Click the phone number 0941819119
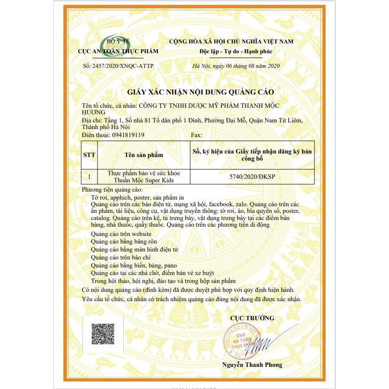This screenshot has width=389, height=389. [x=125, y=135]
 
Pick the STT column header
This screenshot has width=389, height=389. [x=89, y=155]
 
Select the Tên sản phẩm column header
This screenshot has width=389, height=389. [x=144, y=155]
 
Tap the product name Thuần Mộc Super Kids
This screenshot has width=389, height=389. [x=143, y=180]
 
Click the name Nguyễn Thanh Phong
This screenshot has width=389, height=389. [x=252, y=365]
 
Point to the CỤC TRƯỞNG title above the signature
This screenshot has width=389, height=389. [x=252, y=318]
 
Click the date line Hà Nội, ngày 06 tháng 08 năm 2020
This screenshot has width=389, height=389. [x=236, y=66]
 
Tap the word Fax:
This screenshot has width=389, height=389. [x=196, y=135]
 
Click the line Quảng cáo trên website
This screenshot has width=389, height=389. [x=121, y=234]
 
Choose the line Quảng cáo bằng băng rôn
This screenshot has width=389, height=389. [x=124, y=242]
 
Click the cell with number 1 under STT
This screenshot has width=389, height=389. [x=89, y=177]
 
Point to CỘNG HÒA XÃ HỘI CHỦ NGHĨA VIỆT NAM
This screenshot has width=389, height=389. [x=231, y=42]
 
